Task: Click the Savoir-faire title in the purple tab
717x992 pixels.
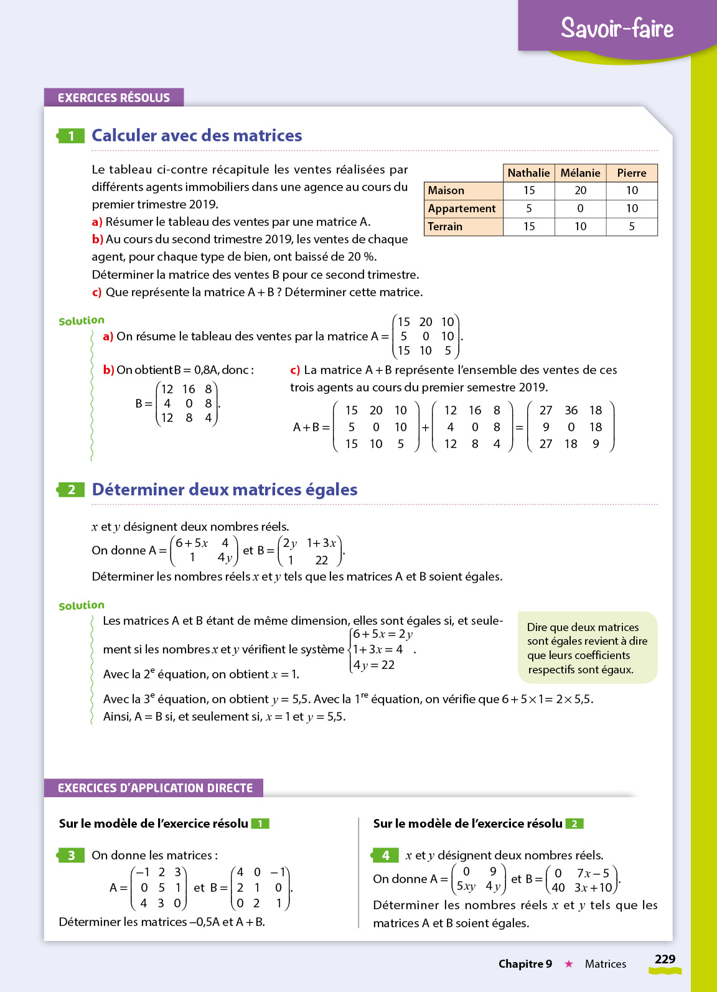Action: click(617, 28)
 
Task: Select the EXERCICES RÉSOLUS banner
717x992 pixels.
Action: click(114, 98)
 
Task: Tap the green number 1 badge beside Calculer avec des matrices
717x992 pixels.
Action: click(71, 136)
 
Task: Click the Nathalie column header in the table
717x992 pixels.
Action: click(528, 173)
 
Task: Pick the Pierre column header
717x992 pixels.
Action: click(632, 173)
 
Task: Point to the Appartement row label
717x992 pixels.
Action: click(462, 208)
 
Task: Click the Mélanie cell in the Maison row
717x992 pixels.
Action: click(580, 190)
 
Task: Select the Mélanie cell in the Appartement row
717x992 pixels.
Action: click(580, 208)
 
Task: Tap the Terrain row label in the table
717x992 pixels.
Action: click(445, 227)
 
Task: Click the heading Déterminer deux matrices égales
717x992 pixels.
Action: click(225, 490)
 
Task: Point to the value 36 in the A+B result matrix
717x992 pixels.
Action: click(571, 410)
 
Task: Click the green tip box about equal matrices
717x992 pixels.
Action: click(588, 648)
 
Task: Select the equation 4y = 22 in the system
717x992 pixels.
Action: click(374, 665)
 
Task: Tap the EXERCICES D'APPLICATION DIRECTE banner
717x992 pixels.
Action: click(154, 788)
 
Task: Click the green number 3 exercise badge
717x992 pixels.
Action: click(71, 855)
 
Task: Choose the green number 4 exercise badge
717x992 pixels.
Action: click(385, 855)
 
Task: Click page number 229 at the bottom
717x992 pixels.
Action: click(665, 959)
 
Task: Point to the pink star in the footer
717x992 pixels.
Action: click(568, 964)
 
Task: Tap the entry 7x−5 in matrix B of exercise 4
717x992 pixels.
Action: click(593, 873)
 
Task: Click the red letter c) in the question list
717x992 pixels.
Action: click(96, 292)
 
